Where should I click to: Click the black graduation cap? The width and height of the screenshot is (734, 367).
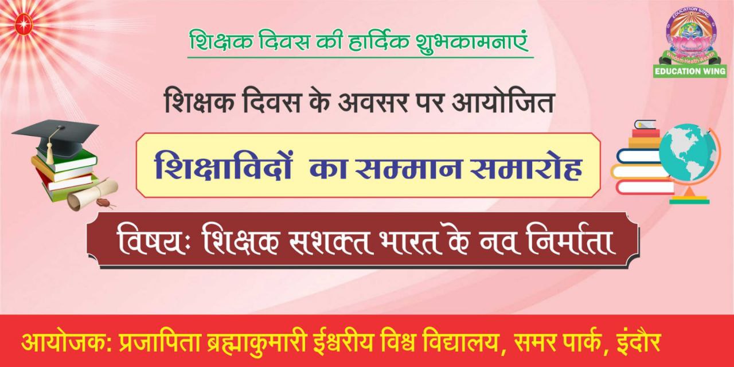[x=56, y=138]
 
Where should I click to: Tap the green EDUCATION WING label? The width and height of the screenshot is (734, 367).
[x=690, y=71]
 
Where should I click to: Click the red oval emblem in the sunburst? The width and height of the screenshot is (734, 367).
[x=24, y=24]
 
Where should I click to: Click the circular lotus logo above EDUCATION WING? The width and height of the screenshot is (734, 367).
[x=690, y=36]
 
